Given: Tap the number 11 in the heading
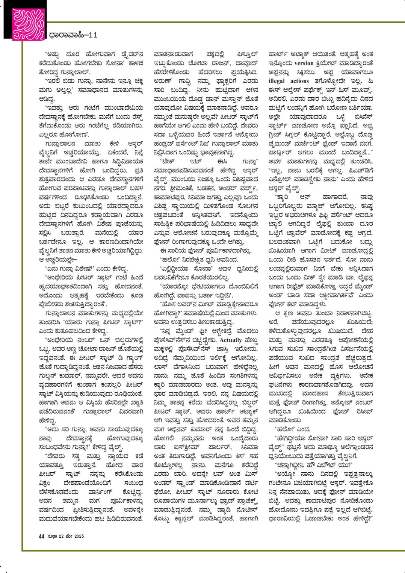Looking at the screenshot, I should coord(93,35).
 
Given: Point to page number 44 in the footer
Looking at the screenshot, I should coord(42,536).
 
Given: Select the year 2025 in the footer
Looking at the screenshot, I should coord(79,536).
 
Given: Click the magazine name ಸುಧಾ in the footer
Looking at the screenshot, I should coord(52,536).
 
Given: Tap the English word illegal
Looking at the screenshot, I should coord(278,81).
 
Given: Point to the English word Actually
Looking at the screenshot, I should coord(230,340).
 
